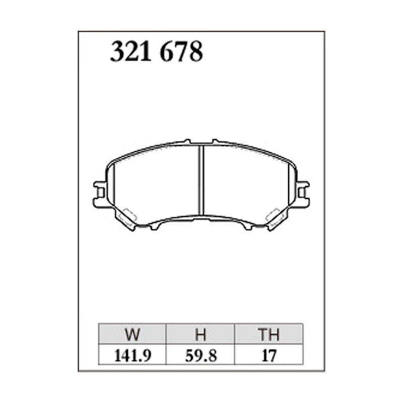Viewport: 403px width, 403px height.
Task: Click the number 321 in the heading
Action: (x=131, y=52)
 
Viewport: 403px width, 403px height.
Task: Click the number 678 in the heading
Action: (x=181, y=52)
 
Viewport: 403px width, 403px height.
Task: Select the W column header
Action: (x=133, y=334)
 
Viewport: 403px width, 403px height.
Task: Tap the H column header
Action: (x=200, y=334)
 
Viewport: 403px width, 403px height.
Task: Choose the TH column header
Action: (x=268, y=334)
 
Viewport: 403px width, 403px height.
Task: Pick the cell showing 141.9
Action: (x=133, y=356)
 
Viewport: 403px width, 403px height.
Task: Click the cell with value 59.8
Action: (x=200, y=356)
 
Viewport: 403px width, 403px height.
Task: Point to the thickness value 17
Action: (x=268, y=356)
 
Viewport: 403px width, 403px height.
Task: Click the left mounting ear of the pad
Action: (x=100, y=193)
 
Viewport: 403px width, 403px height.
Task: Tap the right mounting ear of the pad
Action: (x=303, y=193)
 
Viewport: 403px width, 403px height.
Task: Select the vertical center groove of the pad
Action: (x=201, y=179)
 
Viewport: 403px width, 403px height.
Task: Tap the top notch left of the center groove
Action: (x=187, y=142)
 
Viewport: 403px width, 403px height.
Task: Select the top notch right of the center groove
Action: (x=216, y=142)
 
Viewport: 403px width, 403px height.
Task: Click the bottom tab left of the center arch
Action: (x=155, y=227)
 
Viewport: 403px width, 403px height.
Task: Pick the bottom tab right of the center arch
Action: (x=247, y=227)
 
